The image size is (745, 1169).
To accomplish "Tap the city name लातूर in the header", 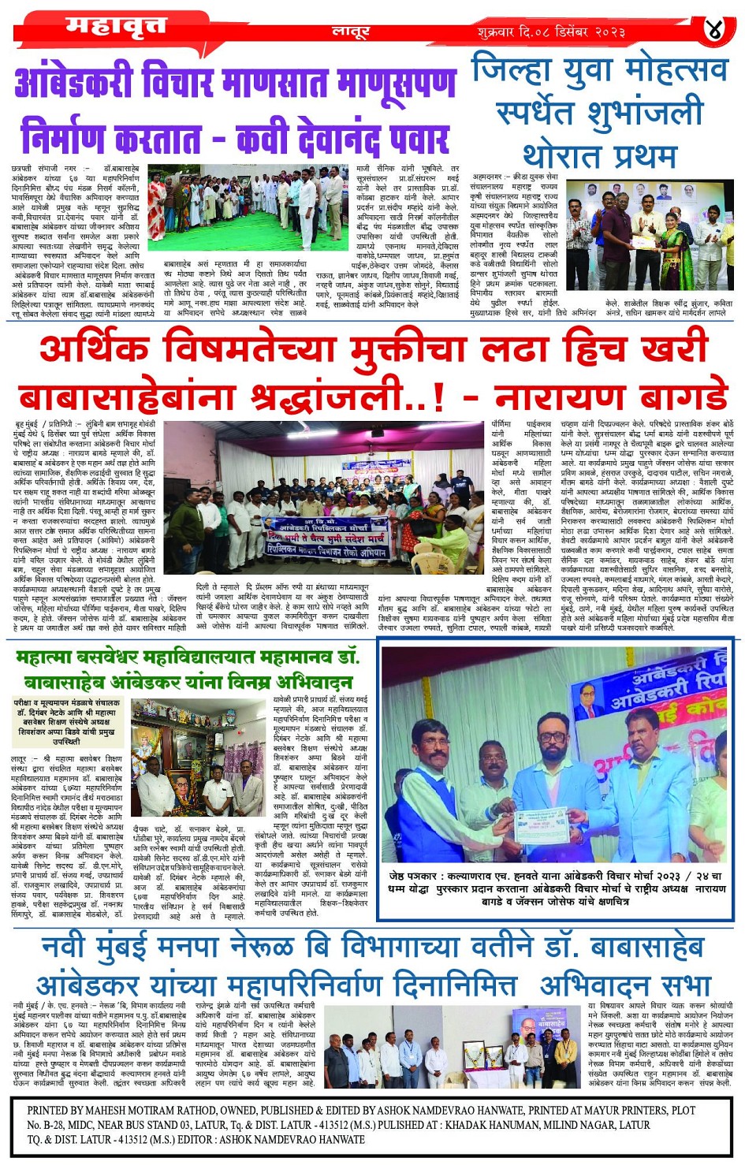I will pos(350,32).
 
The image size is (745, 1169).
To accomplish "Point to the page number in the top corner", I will pos(713,30).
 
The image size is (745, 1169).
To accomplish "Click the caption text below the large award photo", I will pos(556,888).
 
